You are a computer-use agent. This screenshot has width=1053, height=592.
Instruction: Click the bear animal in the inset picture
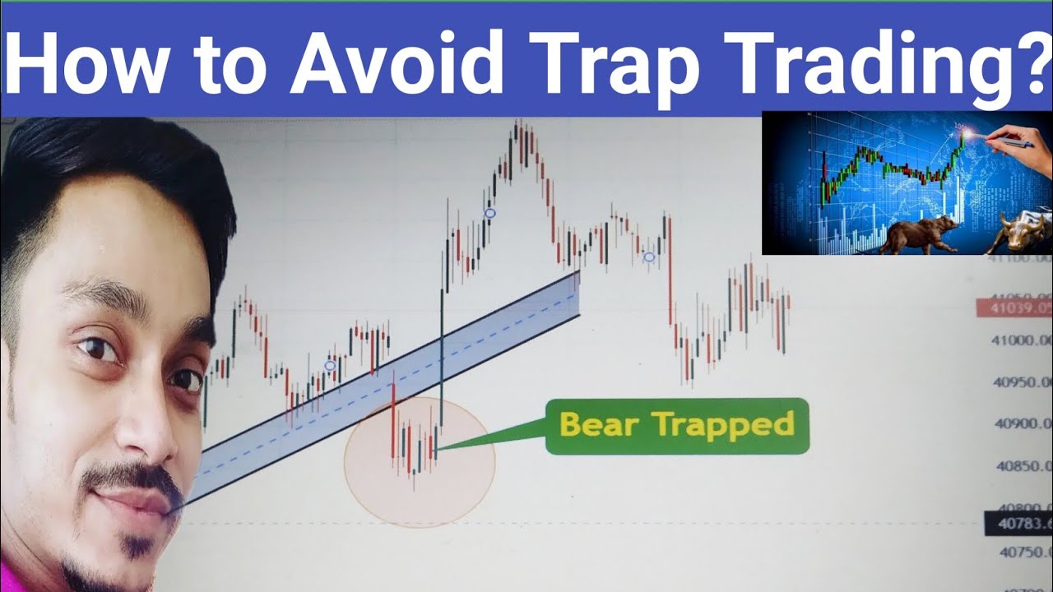(x=917, y=234)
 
